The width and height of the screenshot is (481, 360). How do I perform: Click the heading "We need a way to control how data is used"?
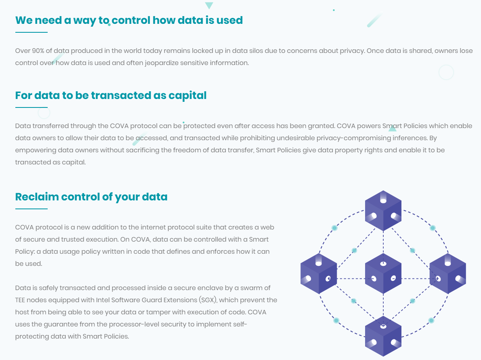pos(129,21)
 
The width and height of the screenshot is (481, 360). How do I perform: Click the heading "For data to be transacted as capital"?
pos(111,95)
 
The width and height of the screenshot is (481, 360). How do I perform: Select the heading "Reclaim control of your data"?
pos(91,197)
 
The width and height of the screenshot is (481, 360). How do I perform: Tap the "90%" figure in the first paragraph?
pos(38,51)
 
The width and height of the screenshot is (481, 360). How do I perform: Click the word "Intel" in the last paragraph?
pos(103,300)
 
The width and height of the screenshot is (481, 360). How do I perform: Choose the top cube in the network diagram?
pos(383,211)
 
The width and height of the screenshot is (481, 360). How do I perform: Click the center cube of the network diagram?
pos(383,274)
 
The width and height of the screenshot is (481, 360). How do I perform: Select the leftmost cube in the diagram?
pos(319,274)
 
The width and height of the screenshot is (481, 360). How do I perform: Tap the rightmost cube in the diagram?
pos(447,274)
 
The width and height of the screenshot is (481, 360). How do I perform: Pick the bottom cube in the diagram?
pos(383,337)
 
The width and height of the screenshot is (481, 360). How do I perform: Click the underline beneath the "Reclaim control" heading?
pos(31,209)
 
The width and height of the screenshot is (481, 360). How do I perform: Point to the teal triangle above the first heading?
pos(209,5)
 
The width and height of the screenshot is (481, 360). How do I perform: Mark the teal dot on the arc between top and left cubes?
pos(335,228)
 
